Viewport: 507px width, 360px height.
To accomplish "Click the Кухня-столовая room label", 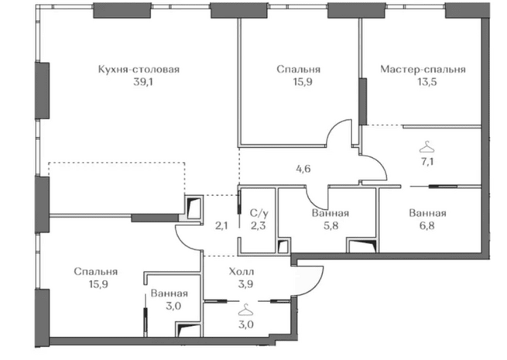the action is (139, 70).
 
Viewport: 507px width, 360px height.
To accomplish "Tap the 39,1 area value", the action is (143, 82).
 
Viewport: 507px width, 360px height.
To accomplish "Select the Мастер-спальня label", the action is (423, 70).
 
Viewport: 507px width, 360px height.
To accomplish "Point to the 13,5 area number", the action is (426, 82).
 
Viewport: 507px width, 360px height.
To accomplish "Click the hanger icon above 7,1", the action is (426, 147).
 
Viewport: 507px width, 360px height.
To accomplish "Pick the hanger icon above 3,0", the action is (245, 310).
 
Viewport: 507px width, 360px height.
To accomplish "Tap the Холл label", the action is (242, 272).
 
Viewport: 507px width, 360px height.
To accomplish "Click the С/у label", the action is (259, 214).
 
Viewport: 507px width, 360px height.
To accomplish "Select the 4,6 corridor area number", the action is (303, 169).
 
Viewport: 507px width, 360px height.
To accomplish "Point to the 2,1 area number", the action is (221, 225).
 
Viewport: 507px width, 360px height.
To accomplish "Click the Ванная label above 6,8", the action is (427, 214).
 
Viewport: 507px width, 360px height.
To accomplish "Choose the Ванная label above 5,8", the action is (331, 214).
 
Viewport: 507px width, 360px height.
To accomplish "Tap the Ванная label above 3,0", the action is (169, 293).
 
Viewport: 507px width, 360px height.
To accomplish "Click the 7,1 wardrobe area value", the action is (427, 161).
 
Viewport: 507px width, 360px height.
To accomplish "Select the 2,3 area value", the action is (259, 225).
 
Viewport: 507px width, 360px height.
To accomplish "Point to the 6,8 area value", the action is (427, 225).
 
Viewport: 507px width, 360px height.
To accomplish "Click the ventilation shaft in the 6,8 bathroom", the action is (362, 245).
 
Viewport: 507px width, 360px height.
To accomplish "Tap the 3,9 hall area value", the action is (245, 284).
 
